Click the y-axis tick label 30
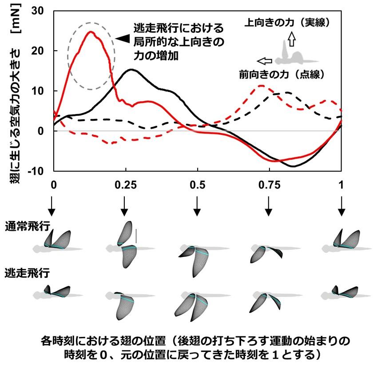41,10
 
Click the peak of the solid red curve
91,32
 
